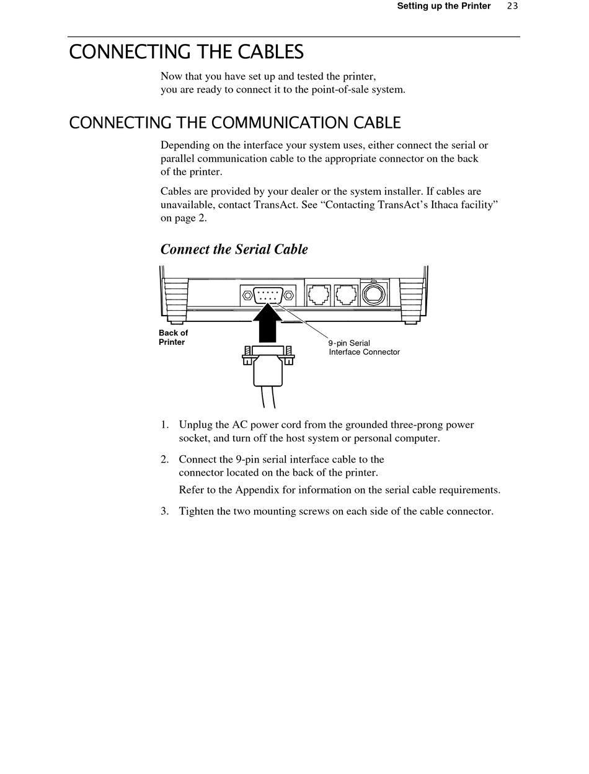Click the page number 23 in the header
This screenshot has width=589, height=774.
[x=512, y=6]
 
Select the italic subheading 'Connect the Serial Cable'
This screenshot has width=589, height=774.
[x=234, y=249]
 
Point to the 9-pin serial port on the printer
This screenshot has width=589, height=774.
[x=268, y=295]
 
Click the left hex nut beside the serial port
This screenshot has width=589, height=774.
[x=247, y=295]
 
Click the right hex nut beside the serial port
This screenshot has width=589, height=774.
[x=288, y=295]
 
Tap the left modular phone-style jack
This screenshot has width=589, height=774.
[x=319, y=295]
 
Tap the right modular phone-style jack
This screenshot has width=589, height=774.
[x=346, y=295]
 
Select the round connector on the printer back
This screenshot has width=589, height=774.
[x=374, y=293]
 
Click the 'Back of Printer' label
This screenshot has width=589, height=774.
[x=173, y=337]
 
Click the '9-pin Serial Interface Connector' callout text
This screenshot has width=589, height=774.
[x=364, y=347]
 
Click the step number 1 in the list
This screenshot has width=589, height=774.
[x=164, y=425]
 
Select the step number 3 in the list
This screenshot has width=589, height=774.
[x=164, y=511]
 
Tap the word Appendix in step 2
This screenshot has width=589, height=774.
[x=257, y=490]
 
